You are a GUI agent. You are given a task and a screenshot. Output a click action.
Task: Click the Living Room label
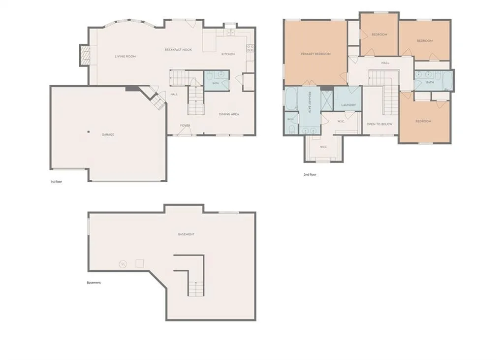click(x=125, y=57)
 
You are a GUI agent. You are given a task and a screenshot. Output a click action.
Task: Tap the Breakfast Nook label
click(x=178, y=50)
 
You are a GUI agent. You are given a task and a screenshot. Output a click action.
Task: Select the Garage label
click(x=108, y=135)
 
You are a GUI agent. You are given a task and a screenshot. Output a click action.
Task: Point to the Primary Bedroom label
click(x=315, y=54)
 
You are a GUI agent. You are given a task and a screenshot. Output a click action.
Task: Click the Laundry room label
click(x=348, y=105)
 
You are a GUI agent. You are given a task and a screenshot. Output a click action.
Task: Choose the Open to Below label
click(x=379, y=124)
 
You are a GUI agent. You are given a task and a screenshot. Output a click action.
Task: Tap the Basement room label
click(x=186, y=234)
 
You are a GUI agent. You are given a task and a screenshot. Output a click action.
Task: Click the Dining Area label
click(x=229, y=114)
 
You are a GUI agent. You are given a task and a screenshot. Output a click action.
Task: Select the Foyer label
click(x=185, y=126)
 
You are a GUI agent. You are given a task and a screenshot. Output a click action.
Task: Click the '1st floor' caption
click(x=56, y=182)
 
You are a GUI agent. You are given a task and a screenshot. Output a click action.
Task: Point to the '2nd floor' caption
click(x=310, y=175)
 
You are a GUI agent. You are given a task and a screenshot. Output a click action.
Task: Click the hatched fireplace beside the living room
click(x=85, y=55)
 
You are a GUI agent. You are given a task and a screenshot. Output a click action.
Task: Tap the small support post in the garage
click(x=89, y=131)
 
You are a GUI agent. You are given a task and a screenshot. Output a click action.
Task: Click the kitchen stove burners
click(x=250, y=49)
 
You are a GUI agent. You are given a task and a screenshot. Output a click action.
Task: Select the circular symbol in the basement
click(x=123, y=264)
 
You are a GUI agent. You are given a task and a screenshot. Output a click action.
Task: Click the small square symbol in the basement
click(x=139, y=263)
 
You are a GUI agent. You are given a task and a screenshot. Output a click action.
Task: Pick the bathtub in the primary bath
click(x=291, y=99)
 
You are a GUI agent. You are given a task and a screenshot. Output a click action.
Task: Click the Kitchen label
click(x=228, y=54)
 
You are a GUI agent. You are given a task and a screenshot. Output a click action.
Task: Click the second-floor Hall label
click(x=385, y=63)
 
